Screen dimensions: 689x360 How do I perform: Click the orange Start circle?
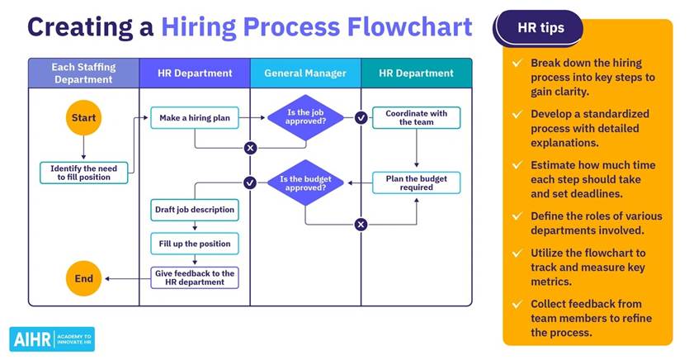(83, 117)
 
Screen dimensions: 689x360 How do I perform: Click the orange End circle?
(83, 278)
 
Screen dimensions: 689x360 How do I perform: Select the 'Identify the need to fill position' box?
(83, 173)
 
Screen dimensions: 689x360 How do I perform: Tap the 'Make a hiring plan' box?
(195, 118)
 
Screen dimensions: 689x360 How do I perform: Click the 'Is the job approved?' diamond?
(305, 117)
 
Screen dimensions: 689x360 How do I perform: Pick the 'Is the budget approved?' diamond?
(305, 182)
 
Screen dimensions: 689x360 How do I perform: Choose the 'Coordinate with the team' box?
(416, 118)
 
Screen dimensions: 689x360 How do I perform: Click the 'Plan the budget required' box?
(416, 182)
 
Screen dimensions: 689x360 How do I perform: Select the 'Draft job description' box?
(195, 210)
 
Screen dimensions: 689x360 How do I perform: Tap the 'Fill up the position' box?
(195, 244)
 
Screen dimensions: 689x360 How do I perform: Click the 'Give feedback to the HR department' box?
(195, 277)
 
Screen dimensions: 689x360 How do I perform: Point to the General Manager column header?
(305, 73)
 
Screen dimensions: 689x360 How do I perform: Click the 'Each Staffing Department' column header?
(83, 73)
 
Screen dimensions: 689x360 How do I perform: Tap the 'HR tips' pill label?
(540, 28)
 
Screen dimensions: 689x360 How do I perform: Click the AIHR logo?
(52, 339)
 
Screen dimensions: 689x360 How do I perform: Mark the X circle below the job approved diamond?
(251, 148)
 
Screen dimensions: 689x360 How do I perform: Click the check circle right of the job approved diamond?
(361, 118)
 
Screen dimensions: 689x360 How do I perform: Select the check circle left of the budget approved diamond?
(250, 182)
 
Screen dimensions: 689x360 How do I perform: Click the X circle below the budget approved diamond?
(361, 225)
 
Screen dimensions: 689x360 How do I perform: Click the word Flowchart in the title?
(409, 26)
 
